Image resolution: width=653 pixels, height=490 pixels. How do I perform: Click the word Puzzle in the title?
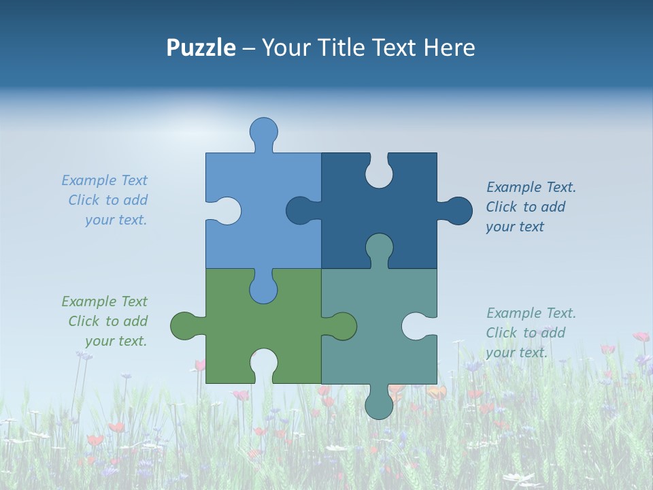[x=201, y=48]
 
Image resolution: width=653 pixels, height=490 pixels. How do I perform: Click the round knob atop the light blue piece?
[x=263, y=131]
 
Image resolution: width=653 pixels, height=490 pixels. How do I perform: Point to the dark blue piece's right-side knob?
[x=457, y=211]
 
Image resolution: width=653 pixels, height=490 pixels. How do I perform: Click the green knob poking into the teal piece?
[x=342, y=326]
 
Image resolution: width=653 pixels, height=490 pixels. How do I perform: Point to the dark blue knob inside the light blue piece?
[x=300, y=210]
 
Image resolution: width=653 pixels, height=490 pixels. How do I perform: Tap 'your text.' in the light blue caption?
[x=116, y=220]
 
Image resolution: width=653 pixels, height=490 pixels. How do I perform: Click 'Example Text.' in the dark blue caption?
[x=531, y=187]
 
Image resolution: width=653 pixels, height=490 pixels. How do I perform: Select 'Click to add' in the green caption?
[x=107, y=321]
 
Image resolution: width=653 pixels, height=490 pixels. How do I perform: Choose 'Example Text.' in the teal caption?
[x=531, y=313]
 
